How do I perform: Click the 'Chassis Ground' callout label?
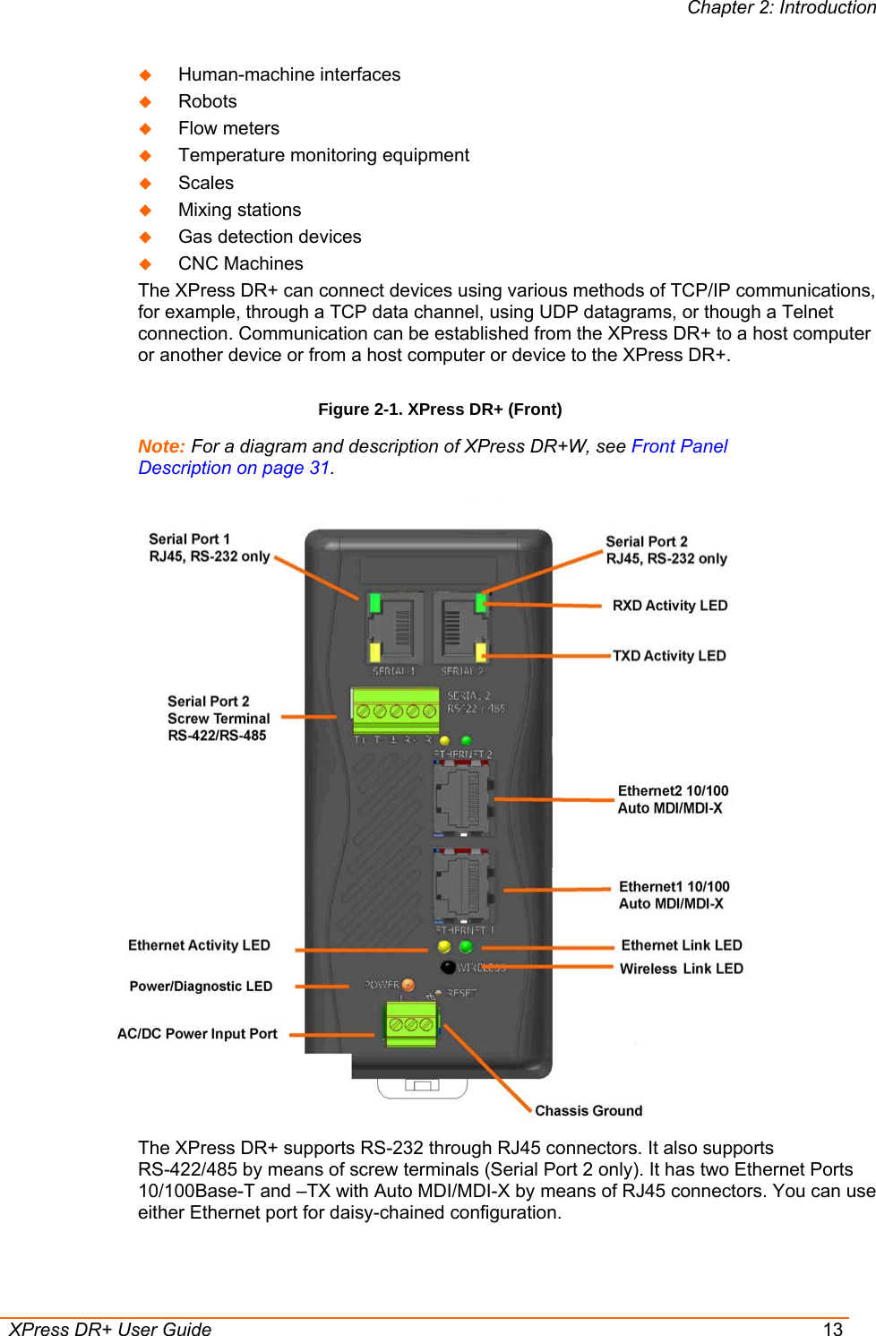click(x=588, y=1110)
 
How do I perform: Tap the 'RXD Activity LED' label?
click(x=669, y=605)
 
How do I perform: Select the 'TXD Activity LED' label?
click(x=668, y=655)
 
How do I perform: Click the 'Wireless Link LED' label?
click(x=681, y=968)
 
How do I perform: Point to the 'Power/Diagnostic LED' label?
click(x=201, y=986)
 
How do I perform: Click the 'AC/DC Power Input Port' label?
click(x=197, y=1033)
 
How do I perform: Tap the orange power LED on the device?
click(x=408, y=985)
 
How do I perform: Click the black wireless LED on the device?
click(x=448, y=966)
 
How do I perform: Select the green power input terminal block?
click(x=411, y=1023)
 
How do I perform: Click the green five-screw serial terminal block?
click(x=395, y=710)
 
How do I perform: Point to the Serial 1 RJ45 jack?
click(x=393, y=627)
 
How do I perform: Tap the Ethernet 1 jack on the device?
click(x=462, y=885)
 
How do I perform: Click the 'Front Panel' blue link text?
click(x=679, y=445)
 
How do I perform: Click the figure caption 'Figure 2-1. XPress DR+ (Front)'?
click(x=440, y=409)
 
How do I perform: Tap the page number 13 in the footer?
click(x=833, y=1329)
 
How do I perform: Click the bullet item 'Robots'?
click(x=207, y=101)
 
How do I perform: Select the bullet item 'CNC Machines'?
click(x=240, y=263)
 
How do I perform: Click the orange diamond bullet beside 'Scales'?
click(x=145, y=183)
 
